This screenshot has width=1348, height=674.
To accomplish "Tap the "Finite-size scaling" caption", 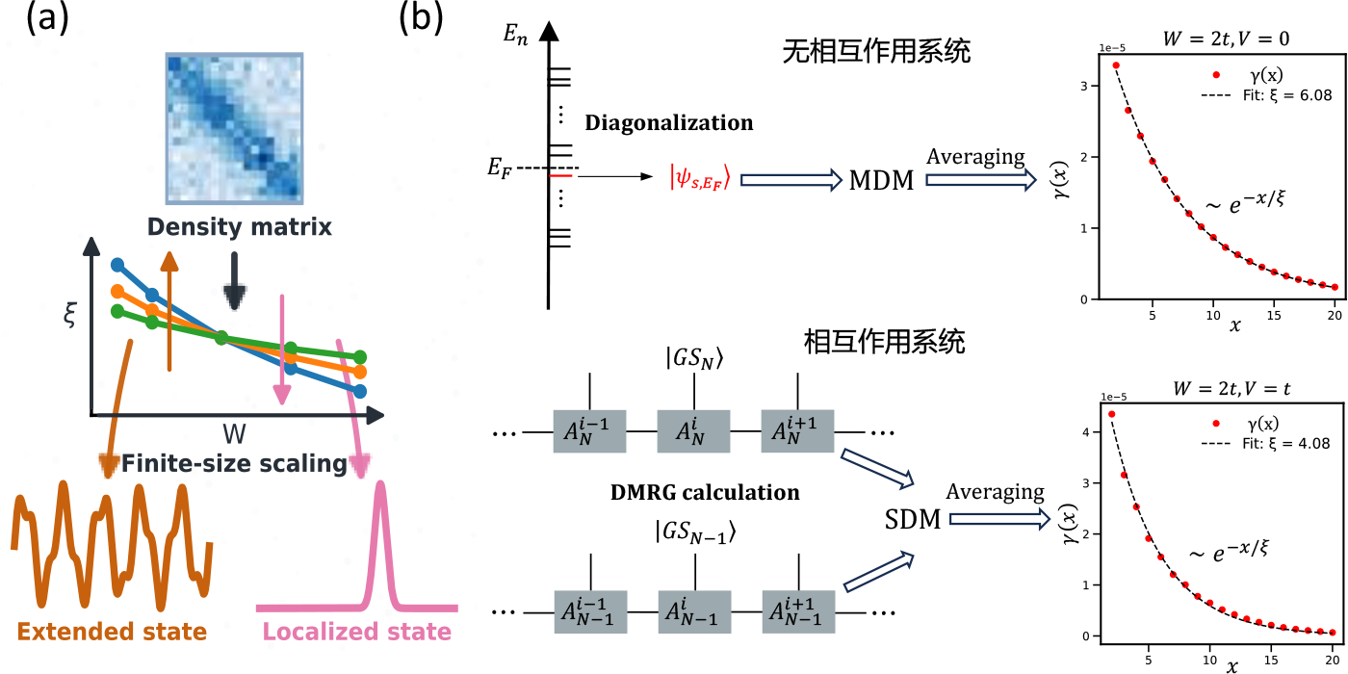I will coord(234,465).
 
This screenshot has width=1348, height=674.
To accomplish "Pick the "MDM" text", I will coord(881,179).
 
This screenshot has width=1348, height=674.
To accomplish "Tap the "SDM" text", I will coord(912,521).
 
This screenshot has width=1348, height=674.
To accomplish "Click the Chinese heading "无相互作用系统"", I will coord(876,50).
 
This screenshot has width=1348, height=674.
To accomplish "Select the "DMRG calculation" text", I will coord(706,492).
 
